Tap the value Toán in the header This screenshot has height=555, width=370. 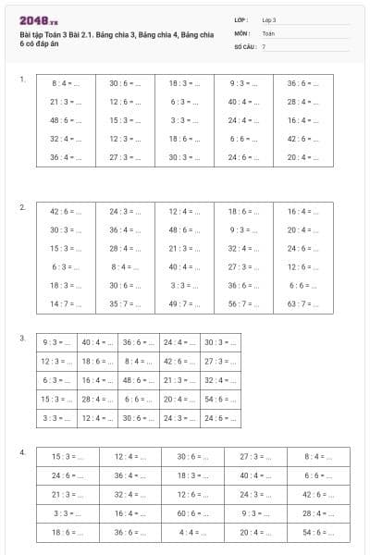[268, 32]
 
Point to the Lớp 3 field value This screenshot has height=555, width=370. [269, 19]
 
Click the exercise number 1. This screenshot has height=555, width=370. [22, 80]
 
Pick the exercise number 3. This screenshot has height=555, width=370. [22, 339]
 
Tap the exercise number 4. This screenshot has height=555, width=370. [22, 452]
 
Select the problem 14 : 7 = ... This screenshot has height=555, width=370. [66, 303]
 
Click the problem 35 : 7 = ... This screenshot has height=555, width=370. [125, 303]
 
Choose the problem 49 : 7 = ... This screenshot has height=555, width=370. [184, 303]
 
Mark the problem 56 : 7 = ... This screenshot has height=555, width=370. [243, 303]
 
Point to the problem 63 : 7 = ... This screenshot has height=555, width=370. [302, 303]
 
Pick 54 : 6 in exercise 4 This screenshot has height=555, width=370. [318, 533]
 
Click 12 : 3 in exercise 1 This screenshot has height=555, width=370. [125, 139]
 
